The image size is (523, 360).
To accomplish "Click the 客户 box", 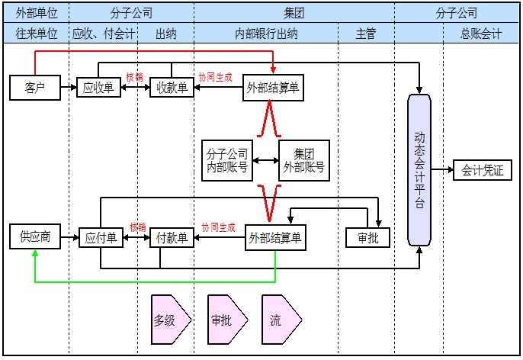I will pos(35,88).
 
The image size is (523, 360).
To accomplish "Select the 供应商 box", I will pos(35,237).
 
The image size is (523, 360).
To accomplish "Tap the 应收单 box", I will pos(98,88).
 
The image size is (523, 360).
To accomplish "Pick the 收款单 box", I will pos(172,88).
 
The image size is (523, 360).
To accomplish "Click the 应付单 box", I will pos(101,238).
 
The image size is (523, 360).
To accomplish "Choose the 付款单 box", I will pos(172,238).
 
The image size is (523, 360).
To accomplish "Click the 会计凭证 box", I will pos(483,170).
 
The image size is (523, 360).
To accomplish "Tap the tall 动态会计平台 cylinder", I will pos(419,169).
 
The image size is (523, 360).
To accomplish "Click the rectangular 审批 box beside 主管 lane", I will pos(367,238).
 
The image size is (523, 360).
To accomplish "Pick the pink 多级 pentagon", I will pos(165,320).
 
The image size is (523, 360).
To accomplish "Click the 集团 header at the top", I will pos(294,13).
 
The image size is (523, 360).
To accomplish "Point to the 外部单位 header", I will pos(36,13).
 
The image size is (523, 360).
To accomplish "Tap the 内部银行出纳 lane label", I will pos(266,34).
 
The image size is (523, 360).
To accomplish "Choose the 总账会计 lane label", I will pos(481,34).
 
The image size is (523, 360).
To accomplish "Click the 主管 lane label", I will pos(366,34).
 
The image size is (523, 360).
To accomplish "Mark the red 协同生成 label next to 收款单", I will pos(216,77).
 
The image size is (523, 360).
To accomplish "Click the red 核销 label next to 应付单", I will pos(137,227).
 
